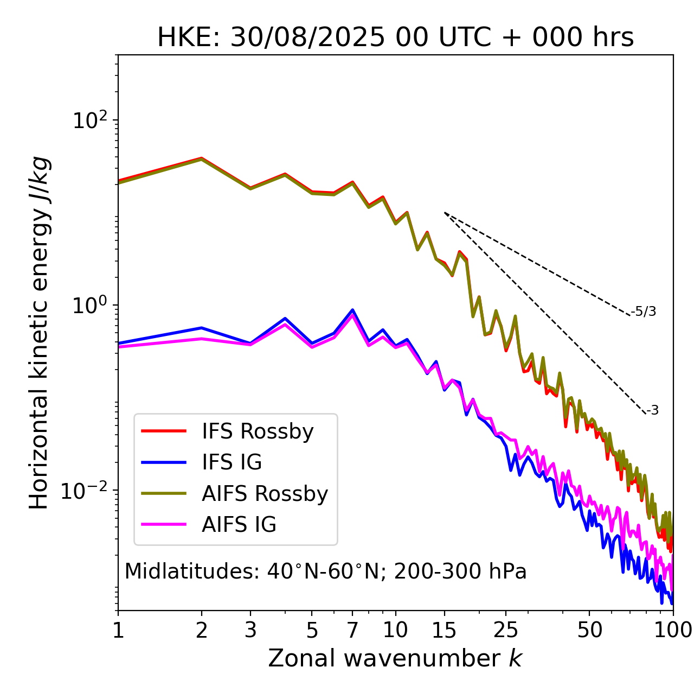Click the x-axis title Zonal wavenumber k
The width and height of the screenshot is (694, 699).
(x=395, y=658)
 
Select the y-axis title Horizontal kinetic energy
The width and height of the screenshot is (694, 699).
(x=40, y=333)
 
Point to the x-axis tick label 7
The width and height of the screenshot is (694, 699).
(x=352, y=630)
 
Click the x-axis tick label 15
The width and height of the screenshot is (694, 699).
(x=444, y=630)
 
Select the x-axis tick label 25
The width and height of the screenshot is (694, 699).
(x=506, y=630)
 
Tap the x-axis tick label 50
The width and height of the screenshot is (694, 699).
(x=590, y=630)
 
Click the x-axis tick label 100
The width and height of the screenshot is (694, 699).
(x=673, y=630)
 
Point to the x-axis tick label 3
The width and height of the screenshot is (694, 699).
(x=250, y=630)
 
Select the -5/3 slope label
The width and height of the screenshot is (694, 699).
(x=644, y=312)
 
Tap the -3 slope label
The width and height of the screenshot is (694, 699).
(x=653, y=410)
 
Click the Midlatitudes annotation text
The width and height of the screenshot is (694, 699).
(x=325, y=571)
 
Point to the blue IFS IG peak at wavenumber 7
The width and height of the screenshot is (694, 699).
(x=352, y=310)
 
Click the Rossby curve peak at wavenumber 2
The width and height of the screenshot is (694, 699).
(x=202, y=158)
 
